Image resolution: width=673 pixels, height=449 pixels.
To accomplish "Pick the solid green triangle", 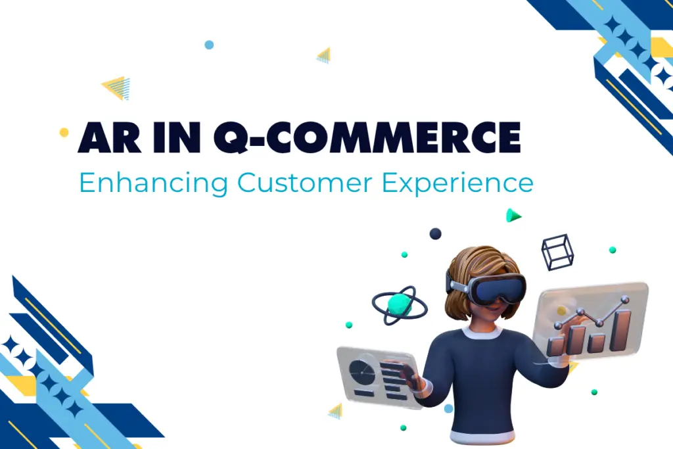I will pos(513,216).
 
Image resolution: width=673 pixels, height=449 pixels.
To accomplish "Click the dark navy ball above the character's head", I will pos(435,233).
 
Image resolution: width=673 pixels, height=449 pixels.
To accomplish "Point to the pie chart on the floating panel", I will pos(361,371).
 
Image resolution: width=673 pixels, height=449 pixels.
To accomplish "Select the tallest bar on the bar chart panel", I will pos(620,330).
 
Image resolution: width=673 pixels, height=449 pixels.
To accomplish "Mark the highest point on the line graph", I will pos(624,300).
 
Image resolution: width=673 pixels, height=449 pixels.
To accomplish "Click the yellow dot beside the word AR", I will pos(64,132).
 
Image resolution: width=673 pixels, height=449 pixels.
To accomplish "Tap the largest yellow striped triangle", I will pos(118,87).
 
